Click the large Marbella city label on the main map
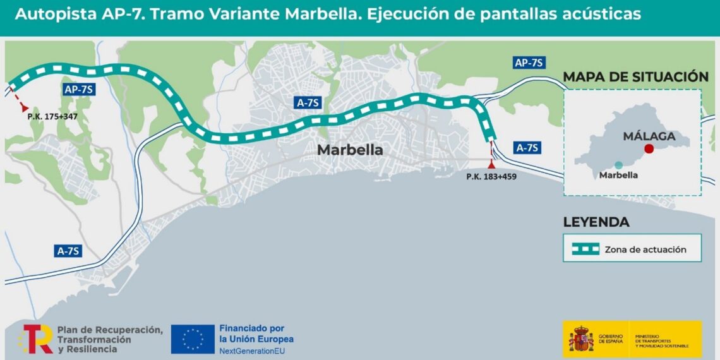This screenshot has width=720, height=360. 350,150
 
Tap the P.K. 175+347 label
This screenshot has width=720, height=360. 52,117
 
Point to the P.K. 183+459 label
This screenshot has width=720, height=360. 491,177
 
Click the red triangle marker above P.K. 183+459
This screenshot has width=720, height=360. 491,164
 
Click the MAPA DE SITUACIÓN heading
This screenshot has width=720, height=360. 635,77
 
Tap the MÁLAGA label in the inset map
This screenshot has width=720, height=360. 649,136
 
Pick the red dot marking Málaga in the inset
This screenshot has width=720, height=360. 649,149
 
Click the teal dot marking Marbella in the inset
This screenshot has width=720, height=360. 618,165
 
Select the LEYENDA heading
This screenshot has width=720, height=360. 596,222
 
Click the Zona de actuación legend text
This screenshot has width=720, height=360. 645,249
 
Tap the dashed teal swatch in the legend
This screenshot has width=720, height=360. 585,249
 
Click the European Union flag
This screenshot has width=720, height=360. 193,339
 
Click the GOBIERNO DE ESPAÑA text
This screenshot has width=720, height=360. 611,340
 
